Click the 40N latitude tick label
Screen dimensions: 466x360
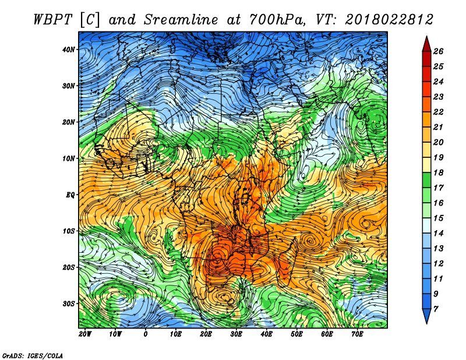(69, 50)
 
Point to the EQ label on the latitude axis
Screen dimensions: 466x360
(70, 195)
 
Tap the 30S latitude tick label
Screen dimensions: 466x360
(69, 304)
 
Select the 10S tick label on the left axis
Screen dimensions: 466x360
(69, 231)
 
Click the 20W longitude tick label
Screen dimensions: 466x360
(85, 334)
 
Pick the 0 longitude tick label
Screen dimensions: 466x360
(145, 334)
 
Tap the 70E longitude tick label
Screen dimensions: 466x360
(357, 334)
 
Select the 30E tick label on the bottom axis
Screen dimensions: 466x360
(236, 334)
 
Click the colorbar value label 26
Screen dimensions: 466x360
(438, 51)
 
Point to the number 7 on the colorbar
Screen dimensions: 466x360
(436, 309)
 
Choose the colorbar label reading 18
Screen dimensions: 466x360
(438, 172)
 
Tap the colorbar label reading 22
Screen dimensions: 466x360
(438, 112)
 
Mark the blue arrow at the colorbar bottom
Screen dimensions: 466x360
(426, 316)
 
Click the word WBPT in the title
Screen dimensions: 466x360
(53, 20)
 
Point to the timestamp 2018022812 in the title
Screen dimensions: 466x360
(389, 20)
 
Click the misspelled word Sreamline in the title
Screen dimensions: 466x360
(181, 20)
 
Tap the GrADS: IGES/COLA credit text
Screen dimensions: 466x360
(33, 356)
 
